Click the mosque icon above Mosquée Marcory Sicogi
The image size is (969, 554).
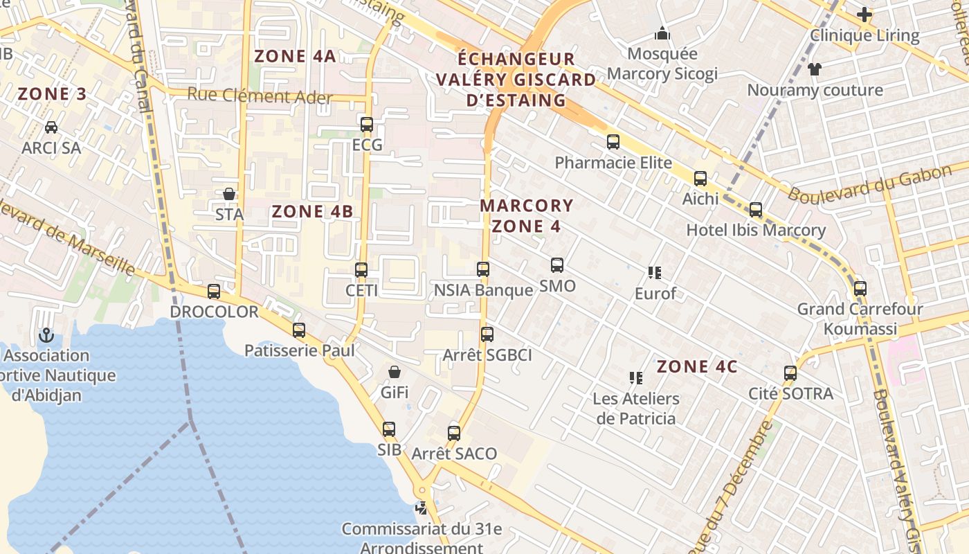(x=662, y=33)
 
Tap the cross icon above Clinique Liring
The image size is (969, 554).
(x=864, y=14)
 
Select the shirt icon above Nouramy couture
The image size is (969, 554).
(x=815, y=69)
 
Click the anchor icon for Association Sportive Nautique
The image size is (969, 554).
(x=46, y=335)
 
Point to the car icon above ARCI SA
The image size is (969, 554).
(x=51, y=127)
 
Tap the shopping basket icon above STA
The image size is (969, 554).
(x=229, y=194)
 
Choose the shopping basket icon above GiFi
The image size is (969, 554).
(x=394, y=372)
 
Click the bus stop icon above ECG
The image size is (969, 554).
(x=367, y=125)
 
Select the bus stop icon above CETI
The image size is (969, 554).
(x=361, y=270)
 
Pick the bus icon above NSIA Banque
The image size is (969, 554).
(x=483, y=269)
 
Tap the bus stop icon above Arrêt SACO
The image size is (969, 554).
(x=454, y=434)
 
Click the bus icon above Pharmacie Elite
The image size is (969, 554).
(x=613, y=142)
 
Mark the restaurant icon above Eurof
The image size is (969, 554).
(x=655, y=273)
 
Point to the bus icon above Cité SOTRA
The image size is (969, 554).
(x=790, y=373)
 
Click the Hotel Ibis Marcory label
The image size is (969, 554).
(x=756, y=230)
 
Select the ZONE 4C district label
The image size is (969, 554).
(x=697, y=366)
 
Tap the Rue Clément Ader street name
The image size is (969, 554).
(x=260, y=96)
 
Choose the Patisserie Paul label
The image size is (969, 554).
(x=299, y=350)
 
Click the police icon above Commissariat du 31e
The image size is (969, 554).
(x=421, y=508)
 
